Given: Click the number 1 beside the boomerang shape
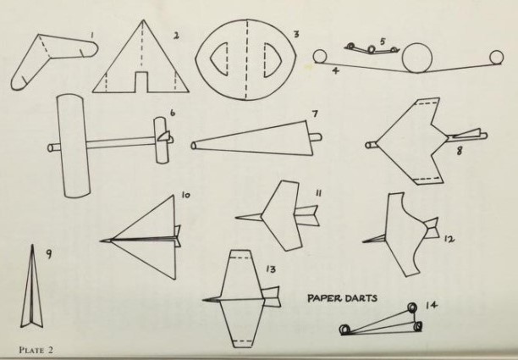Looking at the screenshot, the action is coord(92,35).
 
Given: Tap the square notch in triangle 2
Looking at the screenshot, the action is coord(141,81).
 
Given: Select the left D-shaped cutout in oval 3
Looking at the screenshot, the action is coord(219,58).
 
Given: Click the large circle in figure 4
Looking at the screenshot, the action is coord(417,58).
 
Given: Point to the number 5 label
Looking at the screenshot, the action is coord(383,42).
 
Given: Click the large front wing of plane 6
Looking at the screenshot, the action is coord(74,146).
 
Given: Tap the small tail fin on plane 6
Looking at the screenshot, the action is coord(164,136).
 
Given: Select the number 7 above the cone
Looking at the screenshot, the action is coord(315,114).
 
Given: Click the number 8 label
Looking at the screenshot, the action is coord(460,151).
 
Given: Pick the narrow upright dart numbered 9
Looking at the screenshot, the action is coord(31,286).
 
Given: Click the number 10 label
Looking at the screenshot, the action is coord(185,195).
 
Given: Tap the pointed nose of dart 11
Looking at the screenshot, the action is coord(236,218).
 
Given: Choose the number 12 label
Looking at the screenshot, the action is coord(449,239).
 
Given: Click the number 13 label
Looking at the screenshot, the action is coord(271,269).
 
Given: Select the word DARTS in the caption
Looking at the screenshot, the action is coord(361,298).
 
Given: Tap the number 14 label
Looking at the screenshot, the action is coord(431,305).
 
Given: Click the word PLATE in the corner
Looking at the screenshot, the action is coord(31,350).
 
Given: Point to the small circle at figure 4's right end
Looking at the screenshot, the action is coord(497,57).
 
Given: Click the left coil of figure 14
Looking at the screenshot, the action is coord(344,330).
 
